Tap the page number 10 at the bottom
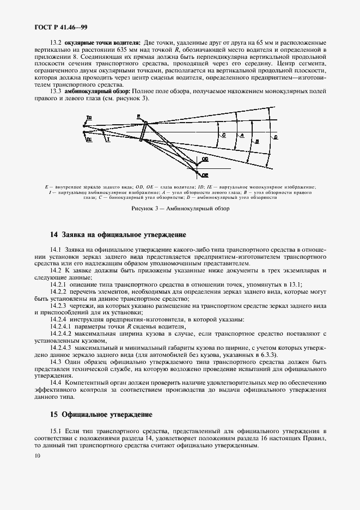(x=36, y=456)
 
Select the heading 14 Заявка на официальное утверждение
(x=118, y=235)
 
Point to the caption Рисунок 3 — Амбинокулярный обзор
(x=180, y=209)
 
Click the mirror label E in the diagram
(x=138, y=116)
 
